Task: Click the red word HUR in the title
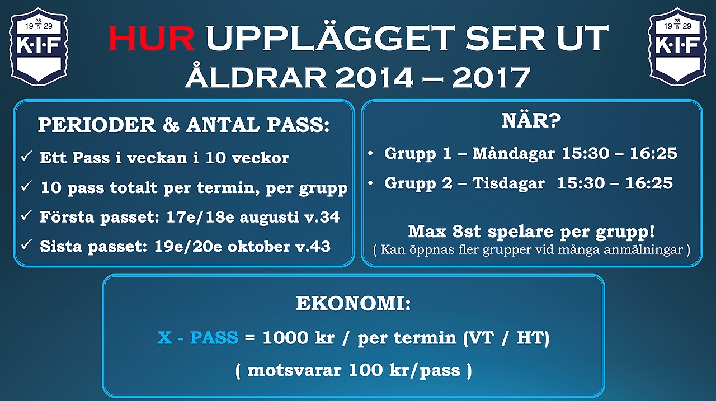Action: tap(152, 39)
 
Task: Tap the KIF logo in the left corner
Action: tap(39, 46)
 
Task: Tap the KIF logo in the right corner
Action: tap(677, 46)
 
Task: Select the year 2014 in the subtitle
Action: tap(374, 78)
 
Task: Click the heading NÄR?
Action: tap(531, 120)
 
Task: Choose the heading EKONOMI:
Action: tap(353, 303)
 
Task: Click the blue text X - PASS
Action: tap(198, 337)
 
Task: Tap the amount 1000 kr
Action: tap(299, 337)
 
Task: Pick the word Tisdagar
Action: tap(508, 183)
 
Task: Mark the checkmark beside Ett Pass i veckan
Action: tap(26, 157)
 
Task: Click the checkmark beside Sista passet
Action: tap(26, 245)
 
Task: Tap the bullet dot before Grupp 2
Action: tap(370, 183)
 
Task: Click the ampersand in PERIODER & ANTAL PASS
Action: tap(171, 125)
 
